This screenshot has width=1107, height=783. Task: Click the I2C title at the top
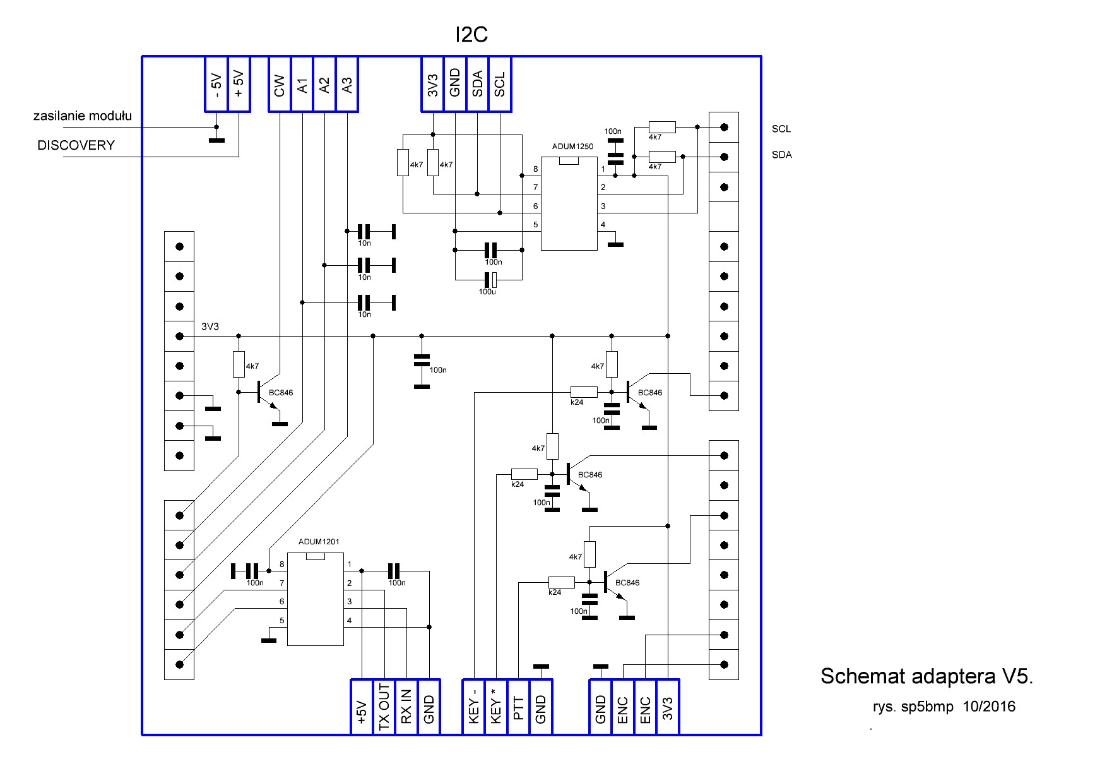(471, 35)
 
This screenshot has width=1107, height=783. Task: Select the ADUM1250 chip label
(572, 146)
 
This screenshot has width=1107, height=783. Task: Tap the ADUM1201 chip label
(319, 542)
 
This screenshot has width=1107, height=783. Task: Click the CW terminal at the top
(280, 85)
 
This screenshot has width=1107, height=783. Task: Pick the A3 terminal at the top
(346, 85)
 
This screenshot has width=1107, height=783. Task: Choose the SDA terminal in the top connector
(477, 85)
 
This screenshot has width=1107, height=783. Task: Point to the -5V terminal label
(216, 85)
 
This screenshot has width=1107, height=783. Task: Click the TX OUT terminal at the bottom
(384, 707)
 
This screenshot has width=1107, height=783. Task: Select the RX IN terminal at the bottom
(406, 707)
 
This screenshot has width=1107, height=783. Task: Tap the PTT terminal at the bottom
(519, 707)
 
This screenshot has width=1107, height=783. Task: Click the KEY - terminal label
(474, 707)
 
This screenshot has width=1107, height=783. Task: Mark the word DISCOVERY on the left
(76, 146)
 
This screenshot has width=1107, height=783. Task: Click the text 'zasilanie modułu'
(83, 116)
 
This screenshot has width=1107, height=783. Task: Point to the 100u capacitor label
(487, 292)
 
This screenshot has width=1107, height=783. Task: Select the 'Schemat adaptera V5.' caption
(926, 676)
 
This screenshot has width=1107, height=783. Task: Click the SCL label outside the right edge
(781, 129)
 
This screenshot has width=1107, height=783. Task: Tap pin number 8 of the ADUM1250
(535, 169)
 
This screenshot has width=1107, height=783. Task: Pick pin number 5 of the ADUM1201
(282, 621)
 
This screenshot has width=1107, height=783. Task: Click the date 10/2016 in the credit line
(989, 707)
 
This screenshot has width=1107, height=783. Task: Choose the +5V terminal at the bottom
(362, 707)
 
